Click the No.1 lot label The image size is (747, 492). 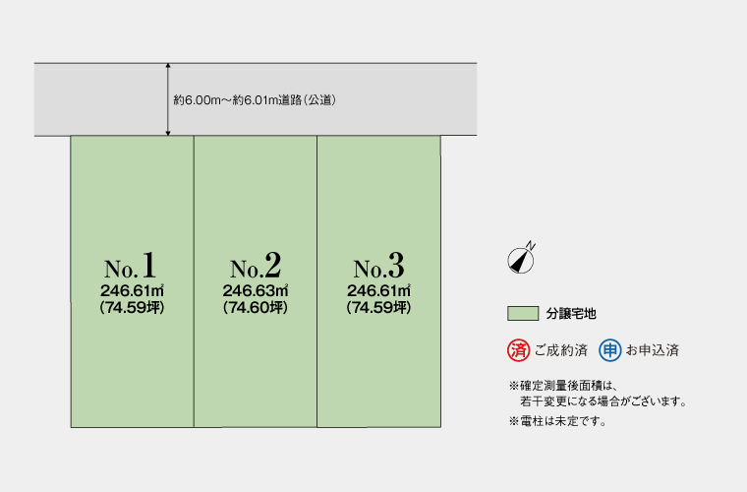coord(131,266)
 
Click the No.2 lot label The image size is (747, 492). coord(256,266)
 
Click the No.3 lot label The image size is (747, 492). coord(378,266)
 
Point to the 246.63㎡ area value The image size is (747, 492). coord(256,290)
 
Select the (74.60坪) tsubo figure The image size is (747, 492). coord(256,308)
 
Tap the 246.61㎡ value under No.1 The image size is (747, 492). coord(132,290)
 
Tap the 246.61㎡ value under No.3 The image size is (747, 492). coord(378,290)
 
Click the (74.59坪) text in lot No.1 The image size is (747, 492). coord(132,308)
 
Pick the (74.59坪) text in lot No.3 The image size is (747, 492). coord(378,308)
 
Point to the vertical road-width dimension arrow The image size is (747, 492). coord(169,99)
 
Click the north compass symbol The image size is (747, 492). coord(520,258)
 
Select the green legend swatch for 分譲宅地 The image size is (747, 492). coord(523,314)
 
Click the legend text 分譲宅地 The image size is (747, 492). coord(572,314)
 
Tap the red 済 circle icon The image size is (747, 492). coord(518,349)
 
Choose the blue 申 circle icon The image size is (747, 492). coord(609,349)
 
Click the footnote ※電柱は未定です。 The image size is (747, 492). coord(558,421)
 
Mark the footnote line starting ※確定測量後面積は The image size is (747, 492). coord(562,385)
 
